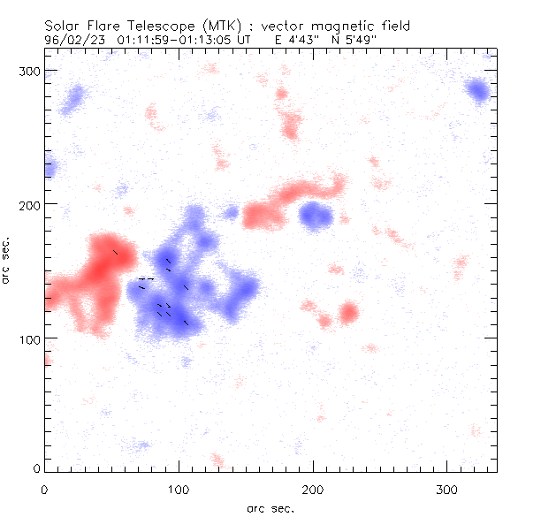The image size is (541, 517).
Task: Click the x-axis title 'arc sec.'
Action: pos(270,507)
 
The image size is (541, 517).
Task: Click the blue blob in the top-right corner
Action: pos(478,90)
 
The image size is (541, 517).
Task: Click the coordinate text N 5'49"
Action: pos(380,40)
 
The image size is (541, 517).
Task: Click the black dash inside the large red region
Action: pos(115,253)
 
